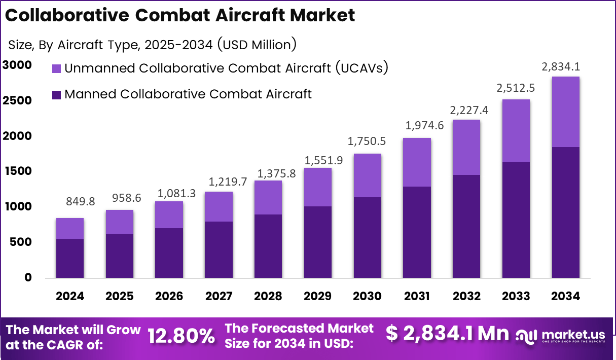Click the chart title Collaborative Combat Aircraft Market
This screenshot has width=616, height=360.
point(180,15)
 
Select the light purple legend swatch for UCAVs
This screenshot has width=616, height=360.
point(57,68)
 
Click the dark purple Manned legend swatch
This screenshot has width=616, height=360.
point(57,94)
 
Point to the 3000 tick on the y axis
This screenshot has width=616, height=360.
point(17,65)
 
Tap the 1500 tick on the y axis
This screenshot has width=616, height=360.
point(17,171)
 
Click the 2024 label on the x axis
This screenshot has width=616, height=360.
point(70,296)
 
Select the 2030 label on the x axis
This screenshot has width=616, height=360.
point(368,296)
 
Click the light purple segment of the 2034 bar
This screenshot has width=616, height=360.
point(566,112)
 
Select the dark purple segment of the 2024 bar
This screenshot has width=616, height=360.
point(70,258)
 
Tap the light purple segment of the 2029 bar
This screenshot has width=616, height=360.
point(318,187)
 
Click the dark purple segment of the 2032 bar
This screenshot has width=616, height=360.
point(466,226)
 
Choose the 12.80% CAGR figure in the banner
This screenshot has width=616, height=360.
point(181,336)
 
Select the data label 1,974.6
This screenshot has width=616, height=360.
point(424,126)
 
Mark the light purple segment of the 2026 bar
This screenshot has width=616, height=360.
point(169,214)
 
